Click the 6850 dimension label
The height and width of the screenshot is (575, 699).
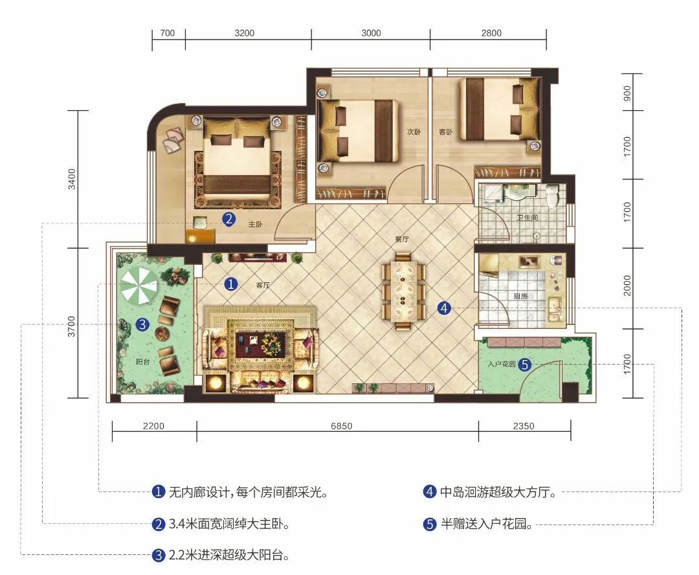coord(342,426)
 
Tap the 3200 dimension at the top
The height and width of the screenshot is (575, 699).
coord(244,33)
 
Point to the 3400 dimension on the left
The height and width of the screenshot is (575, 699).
coord(72,179)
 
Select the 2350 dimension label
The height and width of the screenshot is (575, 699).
coord(524,426)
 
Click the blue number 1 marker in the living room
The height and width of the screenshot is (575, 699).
coord(231,284)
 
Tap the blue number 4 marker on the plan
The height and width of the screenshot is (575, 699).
coord(444,308)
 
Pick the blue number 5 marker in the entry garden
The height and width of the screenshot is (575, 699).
coord(525,365)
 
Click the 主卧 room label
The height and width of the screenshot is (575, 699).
coord(256,225)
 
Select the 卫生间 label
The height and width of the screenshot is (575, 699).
coord(527,217)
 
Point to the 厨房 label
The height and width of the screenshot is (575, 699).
coord(520,296)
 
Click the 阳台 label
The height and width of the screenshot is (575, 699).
coord(142,362)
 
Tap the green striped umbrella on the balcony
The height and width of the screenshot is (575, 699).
coord(139,285)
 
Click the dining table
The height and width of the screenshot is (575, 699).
coord(404,291)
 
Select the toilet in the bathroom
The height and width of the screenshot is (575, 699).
coord(553,196)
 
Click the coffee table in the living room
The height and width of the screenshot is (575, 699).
coord(260,343)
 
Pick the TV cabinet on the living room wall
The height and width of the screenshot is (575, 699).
coord(258,257)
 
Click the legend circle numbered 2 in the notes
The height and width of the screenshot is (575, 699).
coord(159,524)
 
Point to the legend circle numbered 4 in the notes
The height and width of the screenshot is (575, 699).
coord(429,491)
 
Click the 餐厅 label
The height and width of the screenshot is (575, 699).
coord(402,239)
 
